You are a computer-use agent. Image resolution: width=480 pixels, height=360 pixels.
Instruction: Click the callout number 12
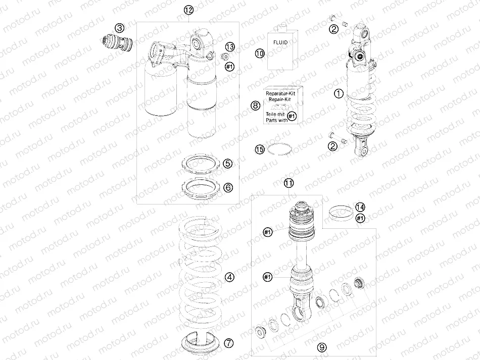click(x=189, y=10)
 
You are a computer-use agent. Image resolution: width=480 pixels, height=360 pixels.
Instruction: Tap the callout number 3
click(x=119, y=28)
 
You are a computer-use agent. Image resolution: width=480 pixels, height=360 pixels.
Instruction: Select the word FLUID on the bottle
click(x=280, y=42)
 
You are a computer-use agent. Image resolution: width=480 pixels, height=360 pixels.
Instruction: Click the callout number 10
click(x=260, y=54)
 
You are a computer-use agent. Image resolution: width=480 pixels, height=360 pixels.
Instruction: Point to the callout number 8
click(x=255, y=106)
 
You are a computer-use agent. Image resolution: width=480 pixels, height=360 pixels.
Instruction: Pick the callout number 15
click(x=260, y=149)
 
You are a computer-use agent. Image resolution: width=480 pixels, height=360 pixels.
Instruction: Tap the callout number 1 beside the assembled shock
click(x=339, y=93)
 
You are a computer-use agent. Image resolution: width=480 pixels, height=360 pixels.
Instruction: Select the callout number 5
click(x=228, y=163)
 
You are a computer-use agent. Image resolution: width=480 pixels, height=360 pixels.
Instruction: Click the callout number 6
click(x=228, y=187)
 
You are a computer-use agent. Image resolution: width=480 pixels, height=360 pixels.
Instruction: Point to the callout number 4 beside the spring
click(x=229, y=277)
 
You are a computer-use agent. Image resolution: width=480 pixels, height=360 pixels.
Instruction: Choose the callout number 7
click(x=229, y=343)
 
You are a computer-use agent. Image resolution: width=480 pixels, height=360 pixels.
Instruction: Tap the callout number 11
click(x=289, y=183)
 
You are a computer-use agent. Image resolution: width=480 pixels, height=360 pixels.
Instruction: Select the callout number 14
click(x=360, y=207)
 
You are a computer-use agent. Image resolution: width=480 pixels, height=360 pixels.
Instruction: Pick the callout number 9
click(x=322, y=347)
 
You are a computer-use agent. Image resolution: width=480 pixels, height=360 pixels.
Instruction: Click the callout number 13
click(x=230, y=47)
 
